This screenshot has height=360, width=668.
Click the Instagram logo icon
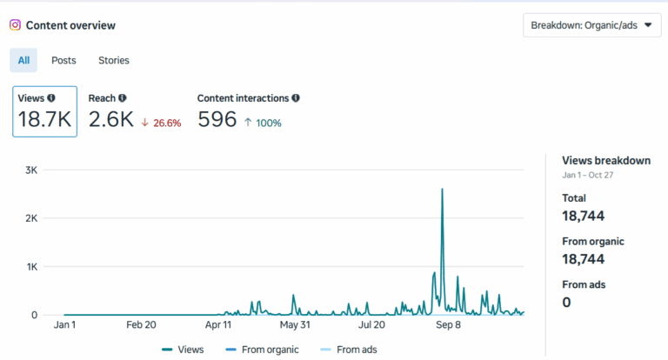point(15,25)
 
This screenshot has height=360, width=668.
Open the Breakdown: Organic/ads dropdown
point(591,25)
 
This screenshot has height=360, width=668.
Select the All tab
point(23,60)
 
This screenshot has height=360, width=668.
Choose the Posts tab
point(63,60)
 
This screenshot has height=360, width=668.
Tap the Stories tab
point(114,60)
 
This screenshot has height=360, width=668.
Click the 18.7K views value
point(44,120)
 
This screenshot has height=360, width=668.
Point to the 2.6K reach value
point(111,120)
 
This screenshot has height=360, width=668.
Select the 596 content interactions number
point(217,120)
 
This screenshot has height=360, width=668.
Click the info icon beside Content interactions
point(297,98)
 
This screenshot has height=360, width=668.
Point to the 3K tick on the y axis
point(30,170)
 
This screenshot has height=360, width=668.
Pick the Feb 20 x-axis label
point(141,324)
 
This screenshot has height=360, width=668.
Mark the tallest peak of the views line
point(443,189)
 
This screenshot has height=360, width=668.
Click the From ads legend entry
point(352,350)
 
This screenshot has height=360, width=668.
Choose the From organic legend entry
point(268,350)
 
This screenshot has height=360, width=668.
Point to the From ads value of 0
point(566,303)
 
